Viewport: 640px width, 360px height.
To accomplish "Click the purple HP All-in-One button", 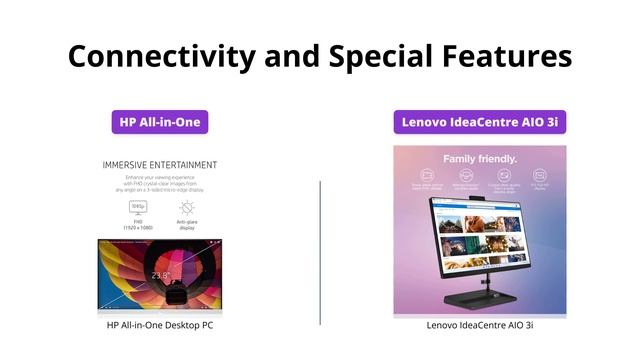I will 160,122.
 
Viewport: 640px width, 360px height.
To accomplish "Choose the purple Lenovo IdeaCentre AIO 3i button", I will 479,122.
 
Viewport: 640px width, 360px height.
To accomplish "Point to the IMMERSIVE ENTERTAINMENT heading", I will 160,164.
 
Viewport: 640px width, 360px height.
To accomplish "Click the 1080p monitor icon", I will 138,207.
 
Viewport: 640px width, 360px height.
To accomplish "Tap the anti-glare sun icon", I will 187,207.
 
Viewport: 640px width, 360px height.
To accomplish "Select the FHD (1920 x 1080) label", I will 138,225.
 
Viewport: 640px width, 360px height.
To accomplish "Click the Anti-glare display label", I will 187,225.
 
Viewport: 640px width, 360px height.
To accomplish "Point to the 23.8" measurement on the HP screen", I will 160,274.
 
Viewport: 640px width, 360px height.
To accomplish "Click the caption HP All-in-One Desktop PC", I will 160,325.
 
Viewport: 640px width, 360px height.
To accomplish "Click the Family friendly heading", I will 480,158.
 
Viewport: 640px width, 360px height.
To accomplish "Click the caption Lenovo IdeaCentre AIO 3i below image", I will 480,325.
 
